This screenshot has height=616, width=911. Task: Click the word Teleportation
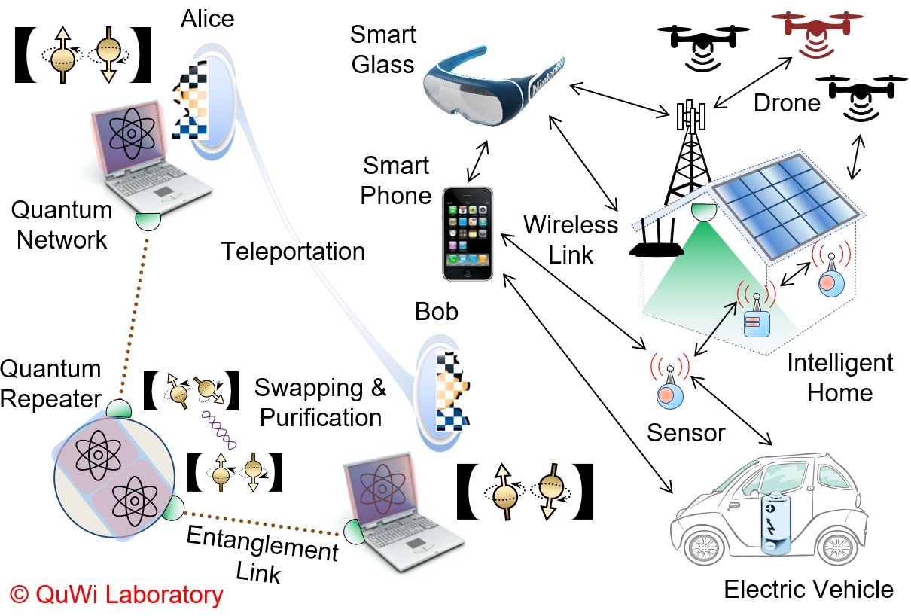293,251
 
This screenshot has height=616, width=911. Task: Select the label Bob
437,310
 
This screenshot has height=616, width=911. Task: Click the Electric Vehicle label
808,589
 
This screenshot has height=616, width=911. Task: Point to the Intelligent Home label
839,377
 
